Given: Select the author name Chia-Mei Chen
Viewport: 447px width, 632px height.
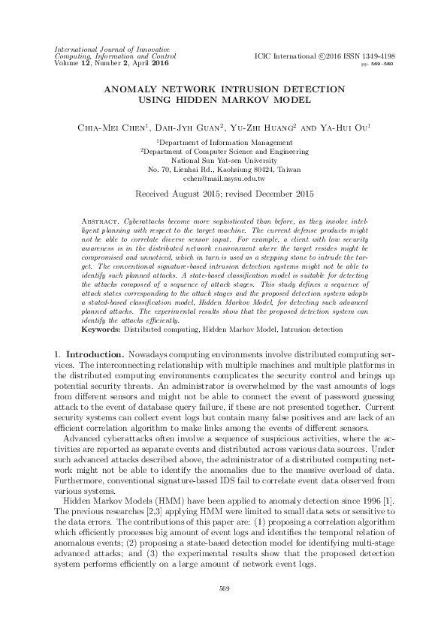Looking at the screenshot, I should [108, 128].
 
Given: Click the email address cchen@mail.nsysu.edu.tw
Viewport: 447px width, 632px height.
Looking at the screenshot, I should [223, 179].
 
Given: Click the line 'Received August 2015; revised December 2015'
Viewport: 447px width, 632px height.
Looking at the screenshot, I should [223, 193].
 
